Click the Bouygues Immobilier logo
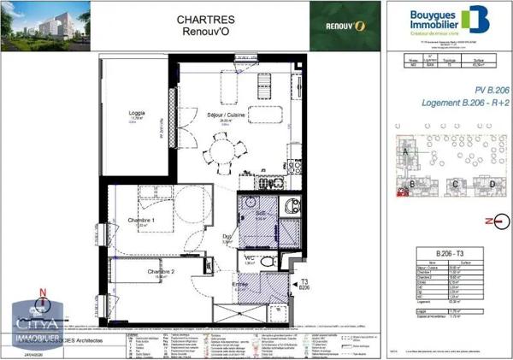click(444, 21)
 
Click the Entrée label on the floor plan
click(243, 286)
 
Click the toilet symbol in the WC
click(267, 261)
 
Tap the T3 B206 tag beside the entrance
click(304, 286)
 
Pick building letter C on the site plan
click(456, 184)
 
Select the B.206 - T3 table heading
click(449, 254)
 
